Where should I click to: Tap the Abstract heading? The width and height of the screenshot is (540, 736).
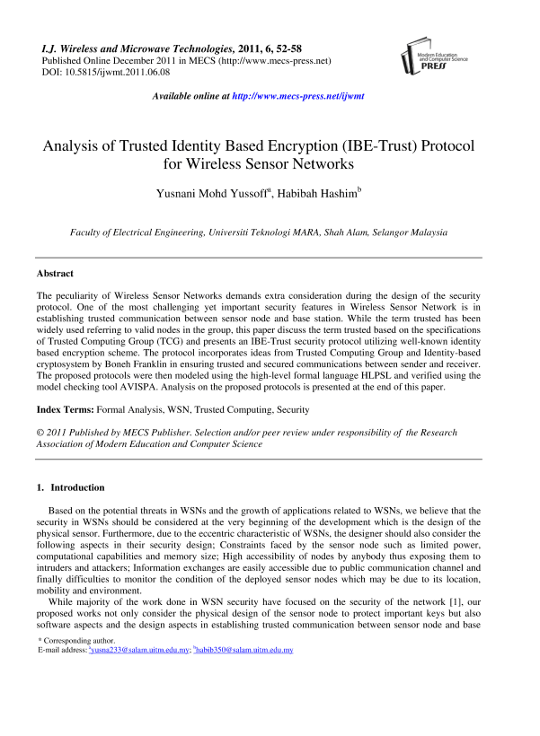click(55, 273)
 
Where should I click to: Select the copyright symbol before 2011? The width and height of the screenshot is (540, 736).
click(40, 434)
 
